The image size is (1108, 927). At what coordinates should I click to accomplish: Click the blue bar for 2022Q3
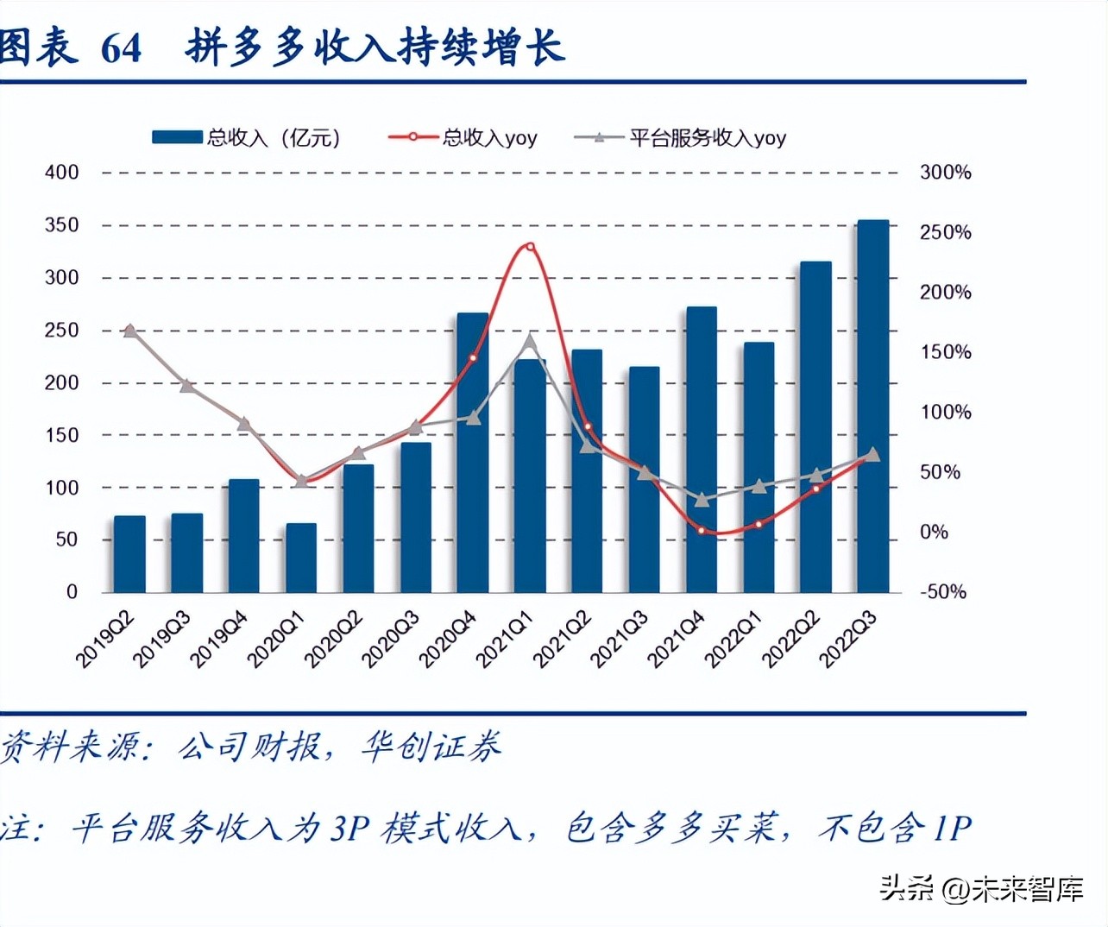coord(872,406)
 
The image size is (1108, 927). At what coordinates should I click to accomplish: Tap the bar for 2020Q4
coord(472,452)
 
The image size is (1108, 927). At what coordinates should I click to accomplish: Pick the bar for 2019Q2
coord(129,553)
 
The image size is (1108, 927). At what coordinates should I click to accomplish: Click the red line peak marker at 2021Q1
coord(530,247)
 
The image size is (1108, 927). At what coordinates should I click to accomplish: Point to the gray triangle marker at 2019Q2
coord(129,331)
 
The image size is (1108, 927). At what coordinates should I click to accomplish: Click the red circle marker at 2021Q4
coord(701,531)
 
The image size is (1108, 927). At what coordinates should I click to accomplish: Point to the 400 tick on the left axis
coord(61,173)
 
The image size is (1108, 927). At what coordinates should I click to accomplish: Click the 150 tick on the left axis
coord(61,435)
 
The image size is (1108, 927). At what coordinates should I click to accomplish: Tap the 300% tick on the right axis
coord(945,173)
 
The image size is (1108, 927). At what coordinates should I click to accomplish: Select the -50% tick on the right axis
coord(942,592)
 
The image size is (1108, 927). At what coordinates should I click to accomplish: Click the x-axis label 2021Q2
coord(563,638)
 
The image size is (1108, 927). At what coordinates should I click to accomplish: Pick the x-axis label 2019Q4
coord(220,638)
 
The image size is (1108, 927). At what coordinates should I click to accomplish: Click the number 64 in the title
coord(121,48)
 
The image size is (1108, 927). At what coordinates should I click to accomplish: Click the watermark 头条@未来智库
coord(981,888)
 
